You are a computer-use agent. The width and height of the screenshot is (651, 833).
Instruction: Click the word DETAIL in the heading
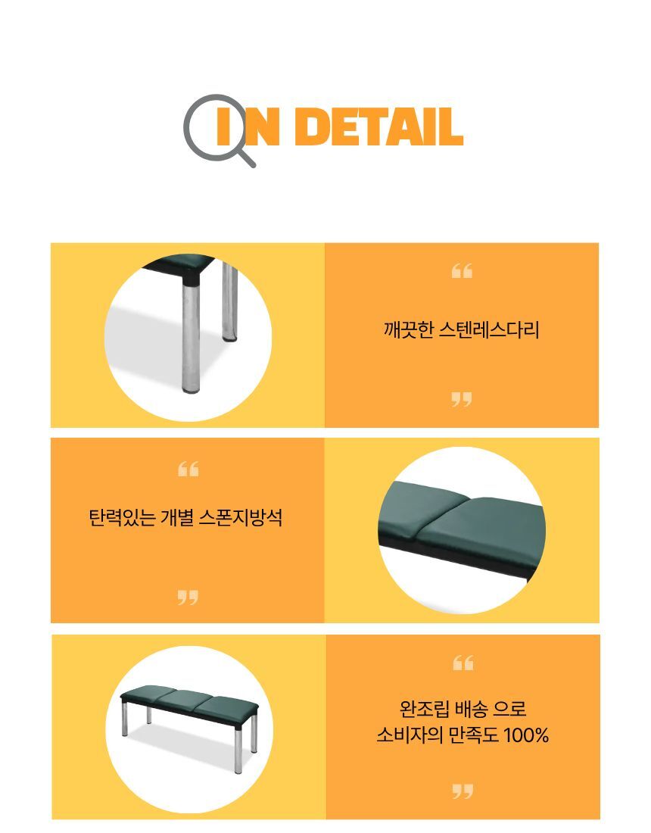pyautogui.click(x=379, y=126)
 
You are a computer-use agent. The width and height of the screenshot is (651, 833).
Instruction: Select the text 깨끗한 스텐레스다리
pyautogui.click(x=461, y=330)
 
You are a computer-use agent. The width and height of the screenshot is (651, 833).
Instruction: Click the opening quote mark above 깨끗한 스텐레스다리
pyautogui.click(x=462, y=271)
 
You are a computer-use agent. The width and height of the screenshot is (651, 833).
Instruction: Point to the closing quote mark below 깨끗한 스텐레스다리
pyautogui.click(x=462, y=400)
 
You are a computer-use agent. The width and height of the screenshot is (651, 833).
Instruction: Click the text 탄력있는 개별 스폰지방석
pyautogui.click(x=185, y=517)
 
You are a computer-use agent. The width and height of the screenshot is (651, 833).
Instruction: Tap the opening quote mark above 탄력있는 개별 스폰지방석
pyautogui.click(x=188, y=470)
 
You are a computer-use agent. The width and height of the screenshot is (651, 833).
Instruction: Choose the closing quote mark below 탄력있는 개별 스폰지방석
pyautogui.click(x=188, y=597)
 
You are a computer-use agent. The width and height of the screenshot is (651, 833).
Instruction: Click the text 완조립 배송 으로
pyautogui.click(x=463, y=709)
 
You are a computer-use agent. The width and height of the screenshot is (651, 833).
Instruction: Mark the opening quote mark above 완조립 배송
pyautogui.click(x=463, y=663)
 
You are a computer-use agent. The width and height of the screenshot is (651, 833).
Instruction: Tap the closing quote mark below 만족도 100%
pyautogui.click(x=463, y=791)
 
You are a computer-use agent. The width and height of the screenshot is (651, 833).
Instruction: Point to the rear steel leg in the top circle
pyautogui.click(x=230, y=301)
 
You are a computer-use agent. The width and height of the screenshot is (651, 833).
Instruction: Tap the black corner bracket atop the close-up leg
pyautogui.click(x=192, y=277)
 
